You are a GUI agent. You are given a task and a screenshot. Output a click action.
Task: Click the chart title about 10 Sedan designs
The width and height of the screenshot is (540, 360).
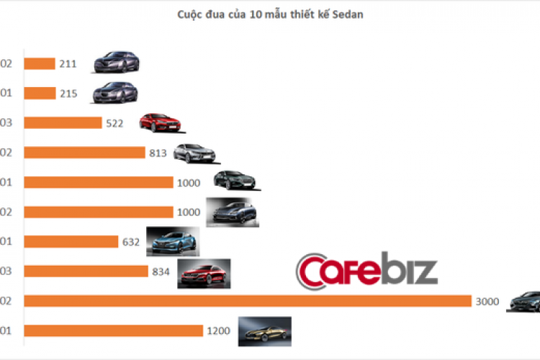coord(266,15)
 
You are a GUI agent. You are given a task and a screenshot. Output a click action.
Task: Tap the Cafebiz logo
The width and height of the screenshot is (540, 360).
coord(366,270)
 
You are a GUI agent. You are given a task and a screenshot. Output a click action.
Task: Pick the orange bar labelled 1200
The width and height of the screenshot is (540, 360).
coord(114,330)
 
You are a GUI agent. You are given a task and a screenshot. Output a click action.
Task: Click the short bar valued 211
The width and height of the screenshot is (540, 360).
coord(40,63)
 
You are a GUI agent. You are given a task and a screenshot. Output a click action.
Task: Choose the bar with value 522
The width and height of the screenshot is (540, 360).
coord(63,122)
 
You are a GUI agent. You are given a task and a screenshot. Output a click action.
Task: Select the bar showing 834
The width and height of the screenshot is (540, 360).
coord(86,271)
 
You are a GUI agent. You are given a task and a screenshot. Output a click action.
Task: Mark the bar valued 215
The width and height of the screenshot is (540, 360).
coord(40,93)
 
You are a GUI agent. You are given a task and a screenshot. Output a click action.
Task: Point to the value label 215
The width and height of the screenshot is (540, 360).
coord(69,94)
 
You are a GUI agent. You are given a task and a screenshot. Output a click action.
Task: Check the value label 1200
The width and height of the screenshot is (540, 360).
coord(218,331)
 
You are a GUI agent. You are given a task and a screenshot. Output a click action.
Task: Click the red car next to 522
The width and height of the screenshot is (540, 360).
coord(160,122)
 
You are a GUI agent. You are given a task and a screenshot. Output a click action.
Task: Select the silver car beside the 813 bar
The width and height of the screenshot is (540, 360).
coord(194,153)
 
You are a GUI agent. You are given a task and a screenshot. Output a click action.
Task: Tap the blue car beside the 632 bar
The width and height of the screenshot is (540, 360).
coord(172,241)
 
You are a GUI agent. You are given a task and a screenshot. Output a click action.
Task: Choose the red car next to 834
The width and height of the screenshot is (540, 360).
coord(204,272)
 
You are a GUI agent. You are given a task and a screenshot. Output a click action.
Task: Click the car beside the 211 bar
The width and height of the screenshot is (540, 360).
coord(116,63)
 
